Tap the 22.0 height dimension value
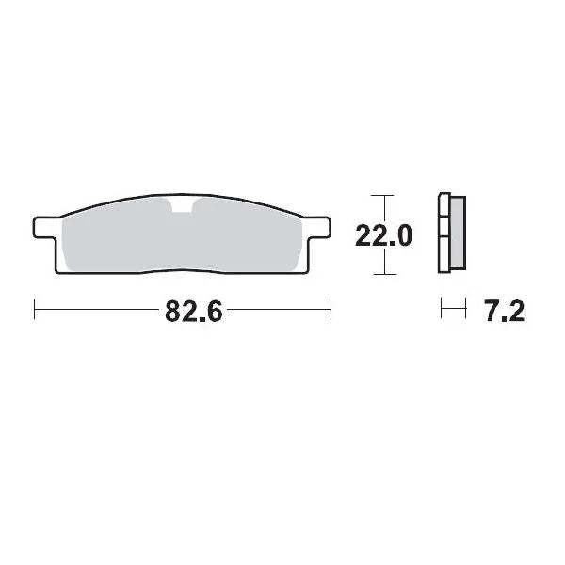(383, 236)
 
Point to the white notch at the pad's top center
(182, 207)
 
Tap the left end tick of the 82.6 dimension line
(35, 310)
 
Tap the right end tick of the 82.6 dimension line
(331, 310)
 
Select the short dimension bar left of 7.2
(454, 309)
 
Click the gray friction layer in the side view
(457, 235)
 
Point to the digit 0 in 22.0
(402, 236)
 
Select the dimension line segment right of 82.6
(279, 310)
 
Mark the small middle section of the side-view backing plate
(445, 234)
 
